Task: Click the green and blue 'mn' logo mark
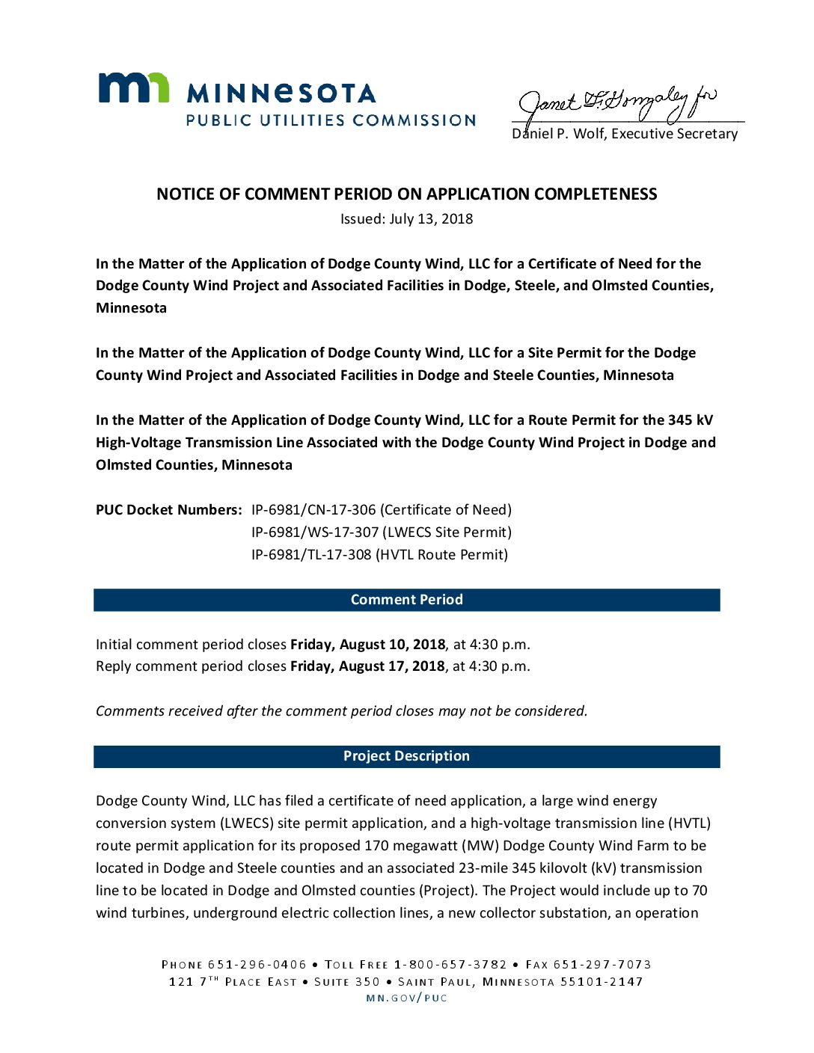(x=133, y=88)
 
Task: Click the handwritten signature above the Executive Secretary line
(x=617, y=105)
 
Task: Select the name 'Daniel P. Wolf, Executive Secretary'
(x=625, y=134)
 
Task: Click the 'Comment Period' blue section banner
(x=406, y=600)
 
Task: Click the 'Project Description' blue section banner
(x=406, y=756)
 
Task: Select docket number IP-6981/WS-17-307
(x=314, y=532)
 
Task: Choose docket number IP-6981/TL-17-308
(x=311, y=555)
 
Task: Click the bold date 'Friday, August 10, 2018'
(x=367, y=645)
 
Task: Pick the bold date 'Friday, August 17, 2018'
(x=367, y=666)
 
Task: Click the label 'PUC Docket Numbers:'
(x=168, y=510)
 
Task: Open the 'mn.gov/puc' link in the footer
(x=406, y=998)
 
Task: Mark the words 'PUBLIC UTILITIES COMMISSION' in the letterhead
(x=331, y=120)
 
